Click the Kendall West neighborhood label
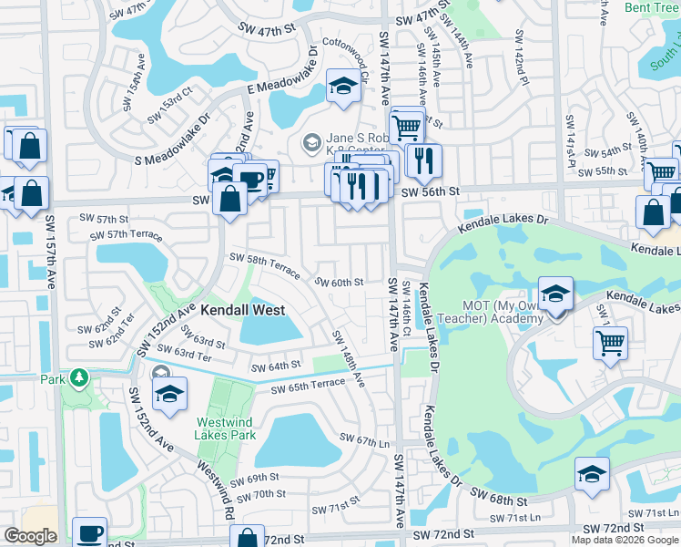coord(242,309)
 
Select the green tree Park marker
coord(79,377)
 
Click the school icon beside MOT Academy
coord(555,294)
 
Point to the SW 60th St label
coord(340,283)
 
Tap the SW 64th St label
coord(277,366)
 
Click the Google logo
coord(30,536)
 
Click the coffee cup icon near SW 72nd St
coord(89,533)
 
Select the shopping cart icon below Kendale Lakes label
coord(610,345)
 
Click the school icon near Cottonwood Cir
coord(343,88)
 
